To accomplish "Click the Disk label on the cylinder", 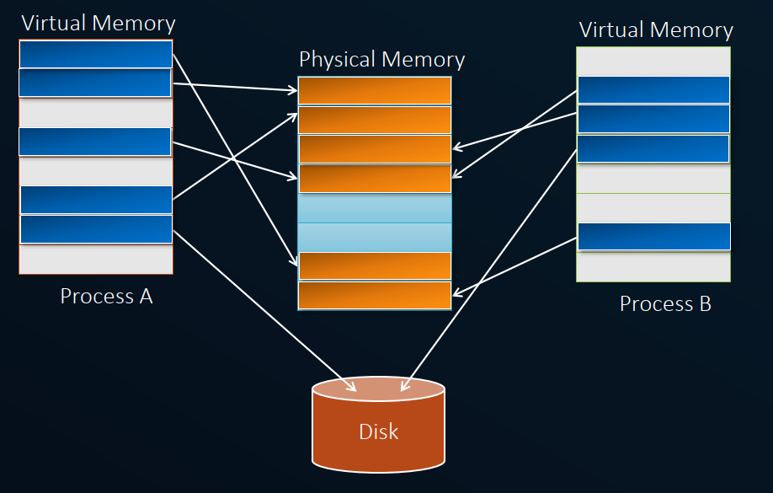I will click(378, 432).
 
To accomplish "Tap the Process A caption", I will click(106, 297).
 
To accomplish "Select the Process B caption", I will click(665, 304).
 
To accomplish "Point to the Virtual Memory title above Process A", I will click(99, 23).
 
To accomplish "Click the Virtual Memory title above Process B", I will click(656, 30).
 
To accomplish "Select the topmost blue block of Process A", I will click(96, 55).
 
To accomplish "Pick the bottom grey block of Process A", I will click(96, 260).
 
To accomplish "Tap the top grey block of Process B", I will click(653, 61).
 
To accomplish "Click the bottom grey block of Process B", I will click(653, 267).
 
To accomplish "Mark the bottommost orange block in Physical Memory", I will click(375, 296).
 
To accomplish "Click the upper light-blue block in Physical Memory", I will click(375, 208).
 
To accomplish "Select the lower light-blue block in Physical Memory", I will click(375, 238).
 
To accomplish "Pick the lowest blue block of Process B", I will click(653, 237).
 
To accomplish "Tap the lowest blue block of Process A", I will click(96, 229).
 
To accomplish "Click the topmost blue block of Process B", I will click(653, 90).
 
